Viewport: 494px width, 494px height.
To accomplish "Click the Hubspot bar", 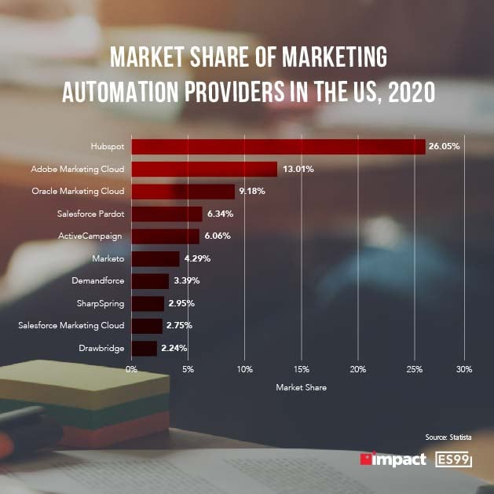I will tap(278, 147).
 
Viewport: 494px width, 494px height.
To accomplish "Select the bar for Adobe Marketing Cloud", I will tap(204, 169).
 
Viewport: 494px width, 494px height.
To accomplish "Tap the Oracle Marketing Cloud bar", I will tap(183, 191).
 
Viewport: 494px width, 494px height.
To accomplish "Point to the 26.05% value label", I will tap(444, 147).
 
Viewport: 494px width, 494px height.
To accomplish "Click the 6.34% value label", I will tap(221, 214).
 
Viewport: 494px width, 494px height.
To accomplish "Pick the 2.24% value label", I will tap(175, 348).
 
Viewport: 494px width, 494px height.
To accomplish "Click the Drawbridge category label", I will tap(101, 347).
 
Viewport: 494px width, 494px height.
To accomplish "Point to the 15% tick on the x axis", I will tap(302, 368).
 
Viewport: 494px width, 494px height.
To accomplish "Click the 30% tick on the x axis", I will tap(463, 368).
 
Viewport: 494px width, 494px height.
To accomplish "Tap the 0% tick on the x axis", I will tap(132, 368).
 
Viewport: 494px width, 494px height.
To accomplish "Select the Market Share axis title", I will tap(301, 387).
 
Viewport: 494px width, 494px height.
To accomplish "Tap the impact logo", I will tap(393, 459).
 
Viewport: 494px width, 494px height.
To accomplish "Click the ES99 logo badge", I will tap(455, 459).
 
